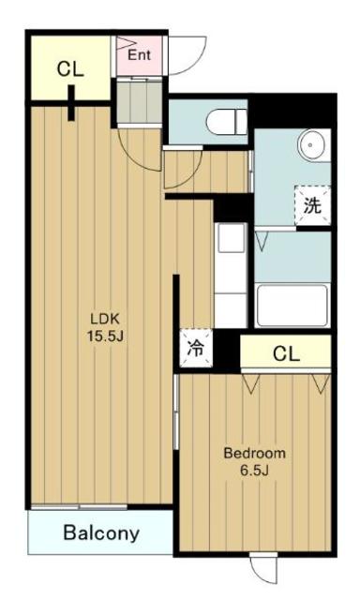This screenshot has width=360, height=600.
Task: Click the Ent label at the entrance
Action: pos(139,54)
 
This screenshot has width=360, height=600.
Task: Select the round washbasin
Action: pos(311,145)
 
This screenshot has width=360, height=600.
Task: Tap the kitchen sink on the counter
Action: pos(229,241)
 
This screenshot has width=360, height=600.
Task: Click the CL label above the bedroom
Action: pos(286,353)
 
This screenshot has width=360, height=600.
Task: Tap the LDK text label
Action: pos(100,316)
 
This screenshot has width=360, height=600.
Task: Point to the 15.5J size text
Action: pos(100,335)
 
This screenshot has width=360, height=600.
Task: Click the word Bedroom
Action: pos(254,453)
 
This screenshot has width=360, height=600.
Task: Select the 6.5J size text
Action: pos(254,472)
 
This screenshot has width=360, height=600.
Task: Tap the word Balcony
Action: pos(101,534)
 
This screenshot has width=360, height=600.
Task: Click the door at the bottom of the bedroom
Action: pos(264,567)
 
